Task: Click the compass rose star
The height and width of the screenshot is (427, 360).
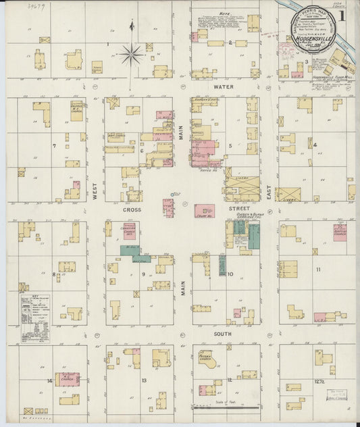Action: tap(130, 53)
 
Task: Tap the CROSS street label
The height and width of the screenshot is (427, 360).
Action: tap(131, 210)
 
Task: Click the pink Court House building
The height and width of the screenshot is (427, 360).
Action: tap(204, 211)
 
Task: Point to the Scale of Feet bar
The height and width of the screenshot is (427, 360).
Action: tap(226, 407)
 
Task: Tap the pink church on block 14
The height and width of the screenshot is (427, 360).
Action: tap(68, 379)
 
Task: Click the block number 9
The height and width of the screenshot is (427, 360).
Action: tap(143, 274)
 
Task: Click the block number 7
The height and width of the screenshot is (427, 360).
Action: tap(53, 145)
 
